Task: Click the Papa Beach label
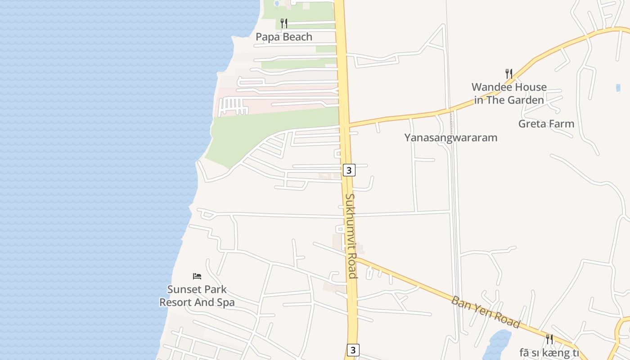(283, 37)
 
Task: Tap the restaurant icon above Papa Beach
(283, 23)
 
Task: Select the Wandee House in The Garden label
(509, 94)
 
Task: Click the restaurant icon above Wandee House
(509, 73)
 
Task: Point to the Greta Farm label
(546, 124)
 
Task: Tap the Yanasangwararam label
(450, 138)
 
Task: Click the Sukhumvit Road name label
(351, 236)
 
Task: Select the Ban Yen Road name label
(486, 312)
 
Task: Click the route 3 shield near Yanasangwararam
(349, 171)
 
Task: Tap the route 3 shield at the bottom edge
(353, 350)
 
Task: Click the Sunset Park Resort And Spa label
(197, 296)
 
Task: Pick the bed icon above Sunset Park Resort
(197, 276)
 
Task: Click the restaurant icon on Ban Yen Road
(549, 339)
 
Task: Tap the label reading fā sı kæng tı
(549, 353)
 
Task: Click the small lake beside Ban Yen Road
(497, 344)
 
